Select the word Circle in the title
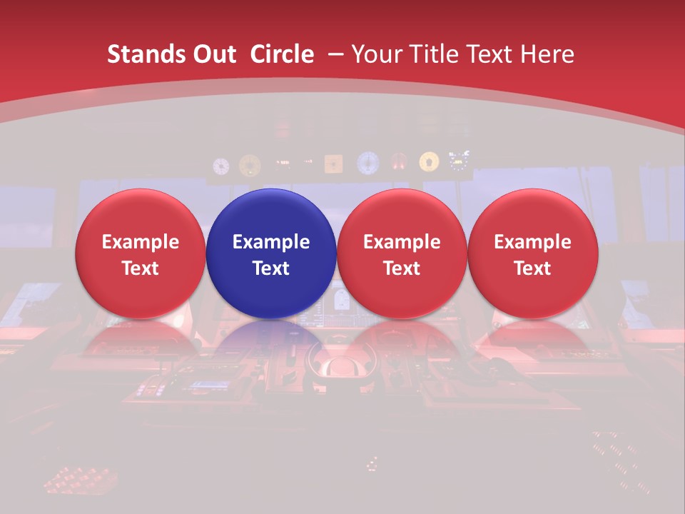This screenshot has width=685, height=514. pos(282,54)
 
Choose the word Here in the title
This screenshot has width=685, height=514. pos(549,54)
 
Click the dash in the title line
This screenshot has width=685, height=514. pos(334,54)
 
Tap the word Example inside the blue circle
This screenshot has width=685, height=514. pos(271,242)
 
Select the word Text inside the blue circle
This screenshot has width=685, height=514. pos(271,268)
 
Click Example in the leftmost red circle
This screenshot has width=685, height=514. pos(141,242)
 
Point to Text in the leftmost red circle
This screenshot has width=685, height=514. pos(141,268)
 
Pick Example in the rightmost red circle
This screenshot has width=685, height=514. pos(533,242)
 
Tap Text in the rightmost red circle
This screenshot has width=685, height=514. pos(533,268)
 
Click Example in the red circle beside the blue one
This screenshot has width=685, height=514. pos(402,242)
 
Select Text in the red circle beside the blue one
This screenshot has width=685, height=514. pos(402,268)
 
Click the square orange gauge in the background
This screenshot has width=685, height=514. pos(333,164)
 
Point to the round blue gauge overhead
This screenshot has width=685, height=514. pos(367,163)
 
